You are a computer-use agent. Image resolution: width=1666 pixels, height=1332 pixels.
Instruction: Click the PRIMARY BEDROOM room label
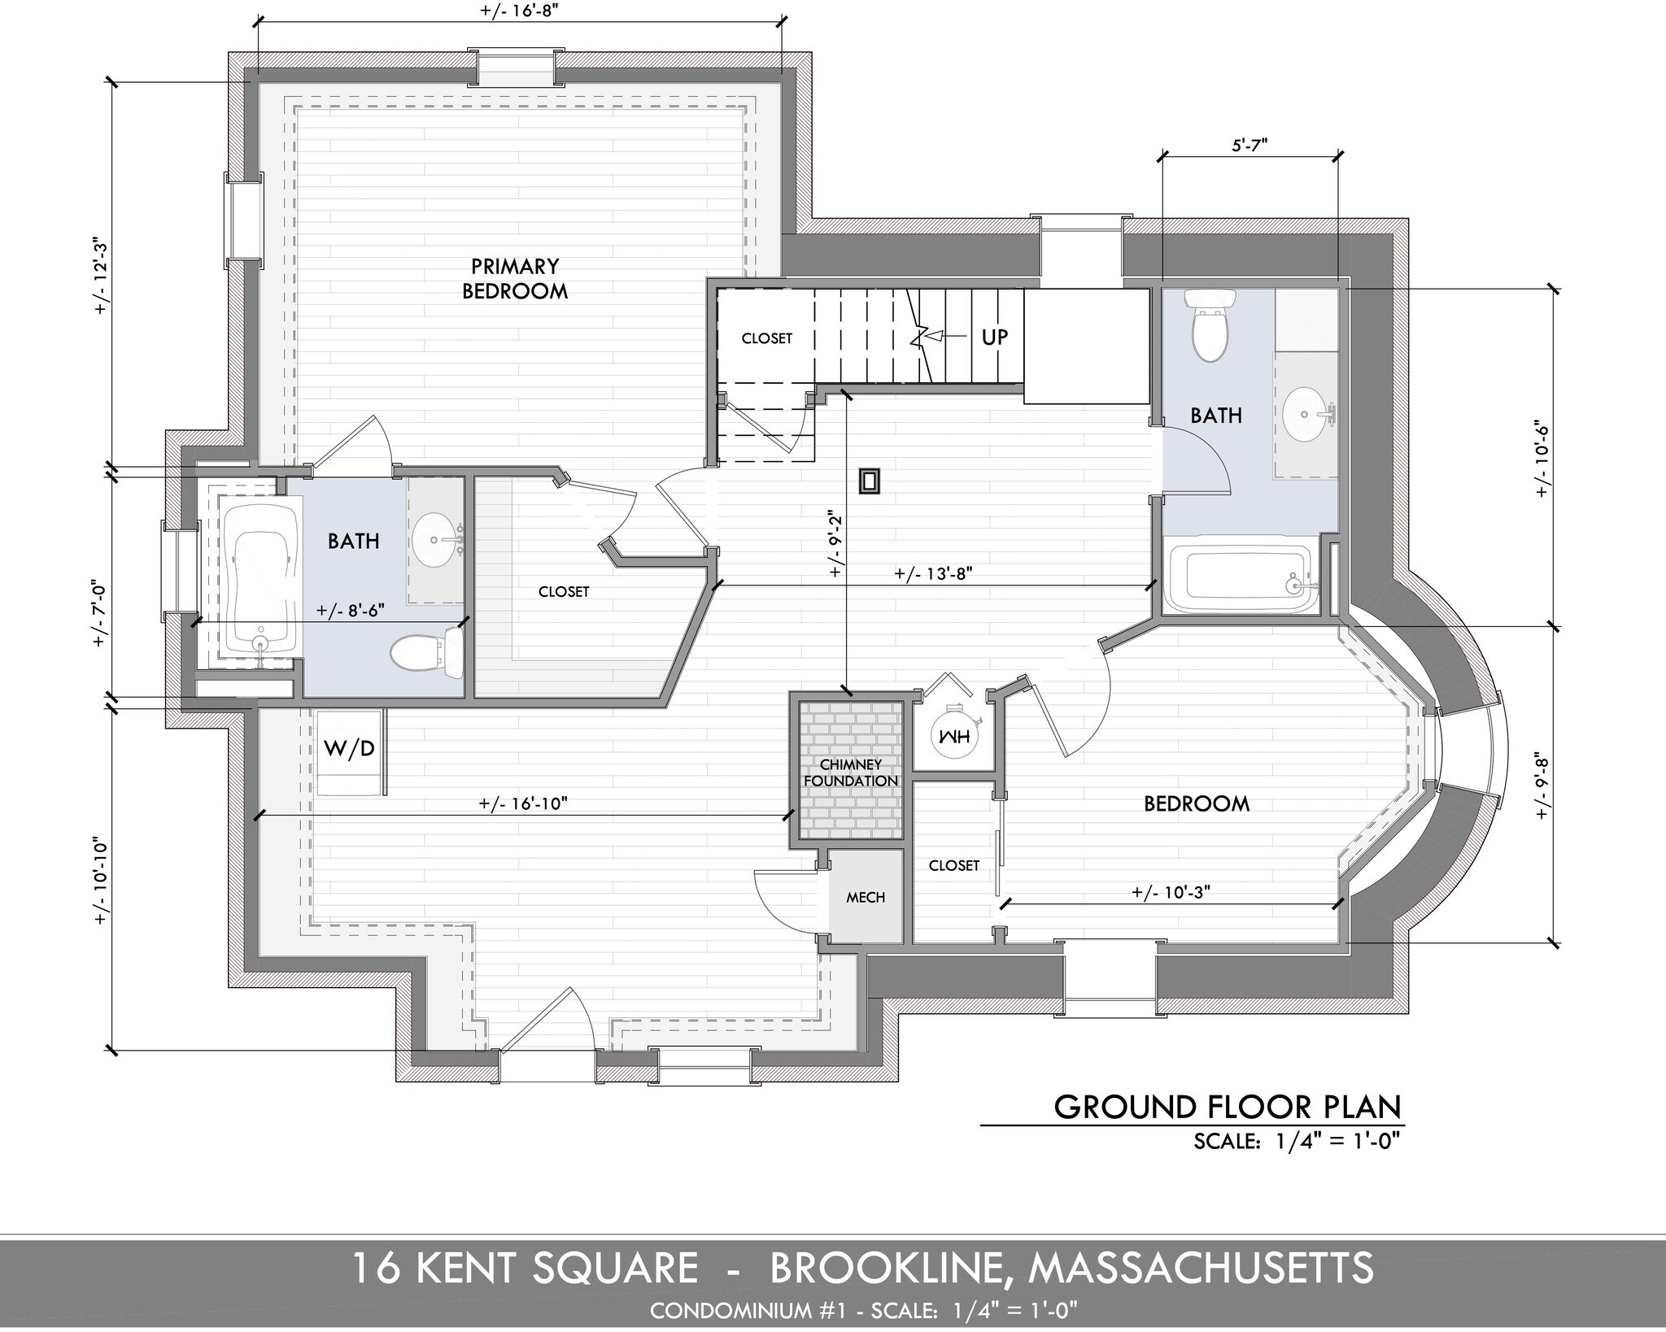pyautogui.click(x=515, y=279)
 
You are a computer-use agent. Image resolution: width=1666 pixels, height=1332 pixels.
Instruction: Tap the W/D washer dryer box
pyautogui.click(x=350, y=749)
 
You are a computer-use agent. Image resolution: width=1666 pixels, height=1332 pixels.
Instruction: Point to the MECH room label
pyautogui.click(x=866, y=897)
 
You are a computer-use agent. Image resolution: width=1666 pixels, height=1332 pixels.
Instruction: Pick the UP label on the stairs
pyautogui.click(x=994, y=337)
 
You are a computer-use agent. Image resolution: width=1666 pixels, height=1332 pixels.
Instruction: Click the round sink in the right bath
pyautogui.click(x=1307, y=414)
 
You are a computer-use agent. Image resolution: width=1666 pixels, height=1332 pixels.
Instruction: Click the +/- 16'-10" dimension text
pyautogui.click(x=523, y=803)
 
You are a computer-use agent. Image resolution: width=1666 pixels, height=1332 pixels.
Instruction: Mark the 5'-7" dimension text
pyautogui.click(x=1250, y=146)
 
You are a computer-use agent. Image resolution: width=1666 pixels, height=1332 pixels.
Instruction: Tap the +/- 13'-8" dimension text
pyautogui.click(x=933, y=572)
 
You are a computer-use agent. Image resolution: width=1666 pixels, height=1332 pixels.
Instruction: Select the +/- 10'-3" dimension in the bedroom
pyautogui.click(x=1171, y=891)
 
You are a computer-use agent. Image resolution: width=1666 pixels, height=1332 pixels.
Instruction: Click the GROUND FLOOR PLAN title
pyautogui.click(x=1228, y=1107)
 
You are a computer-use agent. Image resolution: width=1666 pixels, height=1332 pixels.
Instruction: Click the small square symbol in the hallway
pyautogui.click(x=870, y=481)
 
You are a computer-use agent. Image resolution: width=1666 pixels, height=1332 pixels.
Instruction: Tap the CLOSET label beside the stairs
pyautogui.click(x=766, y=338)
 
